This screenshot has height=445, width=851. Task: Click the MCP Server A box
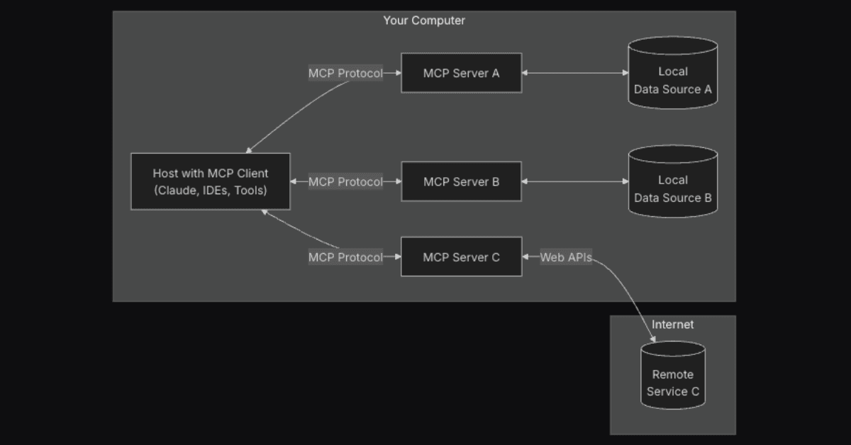coord(461,73)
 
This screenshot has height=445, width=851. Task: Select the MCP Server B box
coord(461,181)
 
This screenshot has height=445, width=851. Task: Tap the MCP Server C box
coord(461,257)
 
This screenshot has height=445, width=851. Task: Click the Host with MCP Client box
coord(211,181)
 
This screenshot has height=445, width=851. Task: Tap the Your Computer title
coord(424,21)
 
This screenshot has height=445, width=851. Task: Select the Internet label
coord(672,325)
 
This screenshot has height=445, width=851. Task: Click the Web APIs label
coord(566,257)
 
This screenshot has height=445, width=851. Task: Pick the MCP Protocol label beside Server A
coord(345,73)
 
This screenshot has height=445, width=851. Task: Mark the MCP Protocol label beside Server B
coord(345,181)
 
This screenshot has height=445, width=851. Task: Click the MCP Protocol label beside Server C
coord(345,257)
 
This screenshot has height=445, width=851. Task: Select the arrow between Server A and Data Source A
coord(575,73)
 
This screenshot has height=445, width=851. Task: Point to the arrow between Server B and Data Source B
coord(575,181)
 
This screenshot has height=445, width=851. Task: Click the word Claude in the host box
coord(174,191)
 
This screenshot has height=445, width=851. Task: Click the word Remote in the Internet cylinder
coord(672,374)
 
